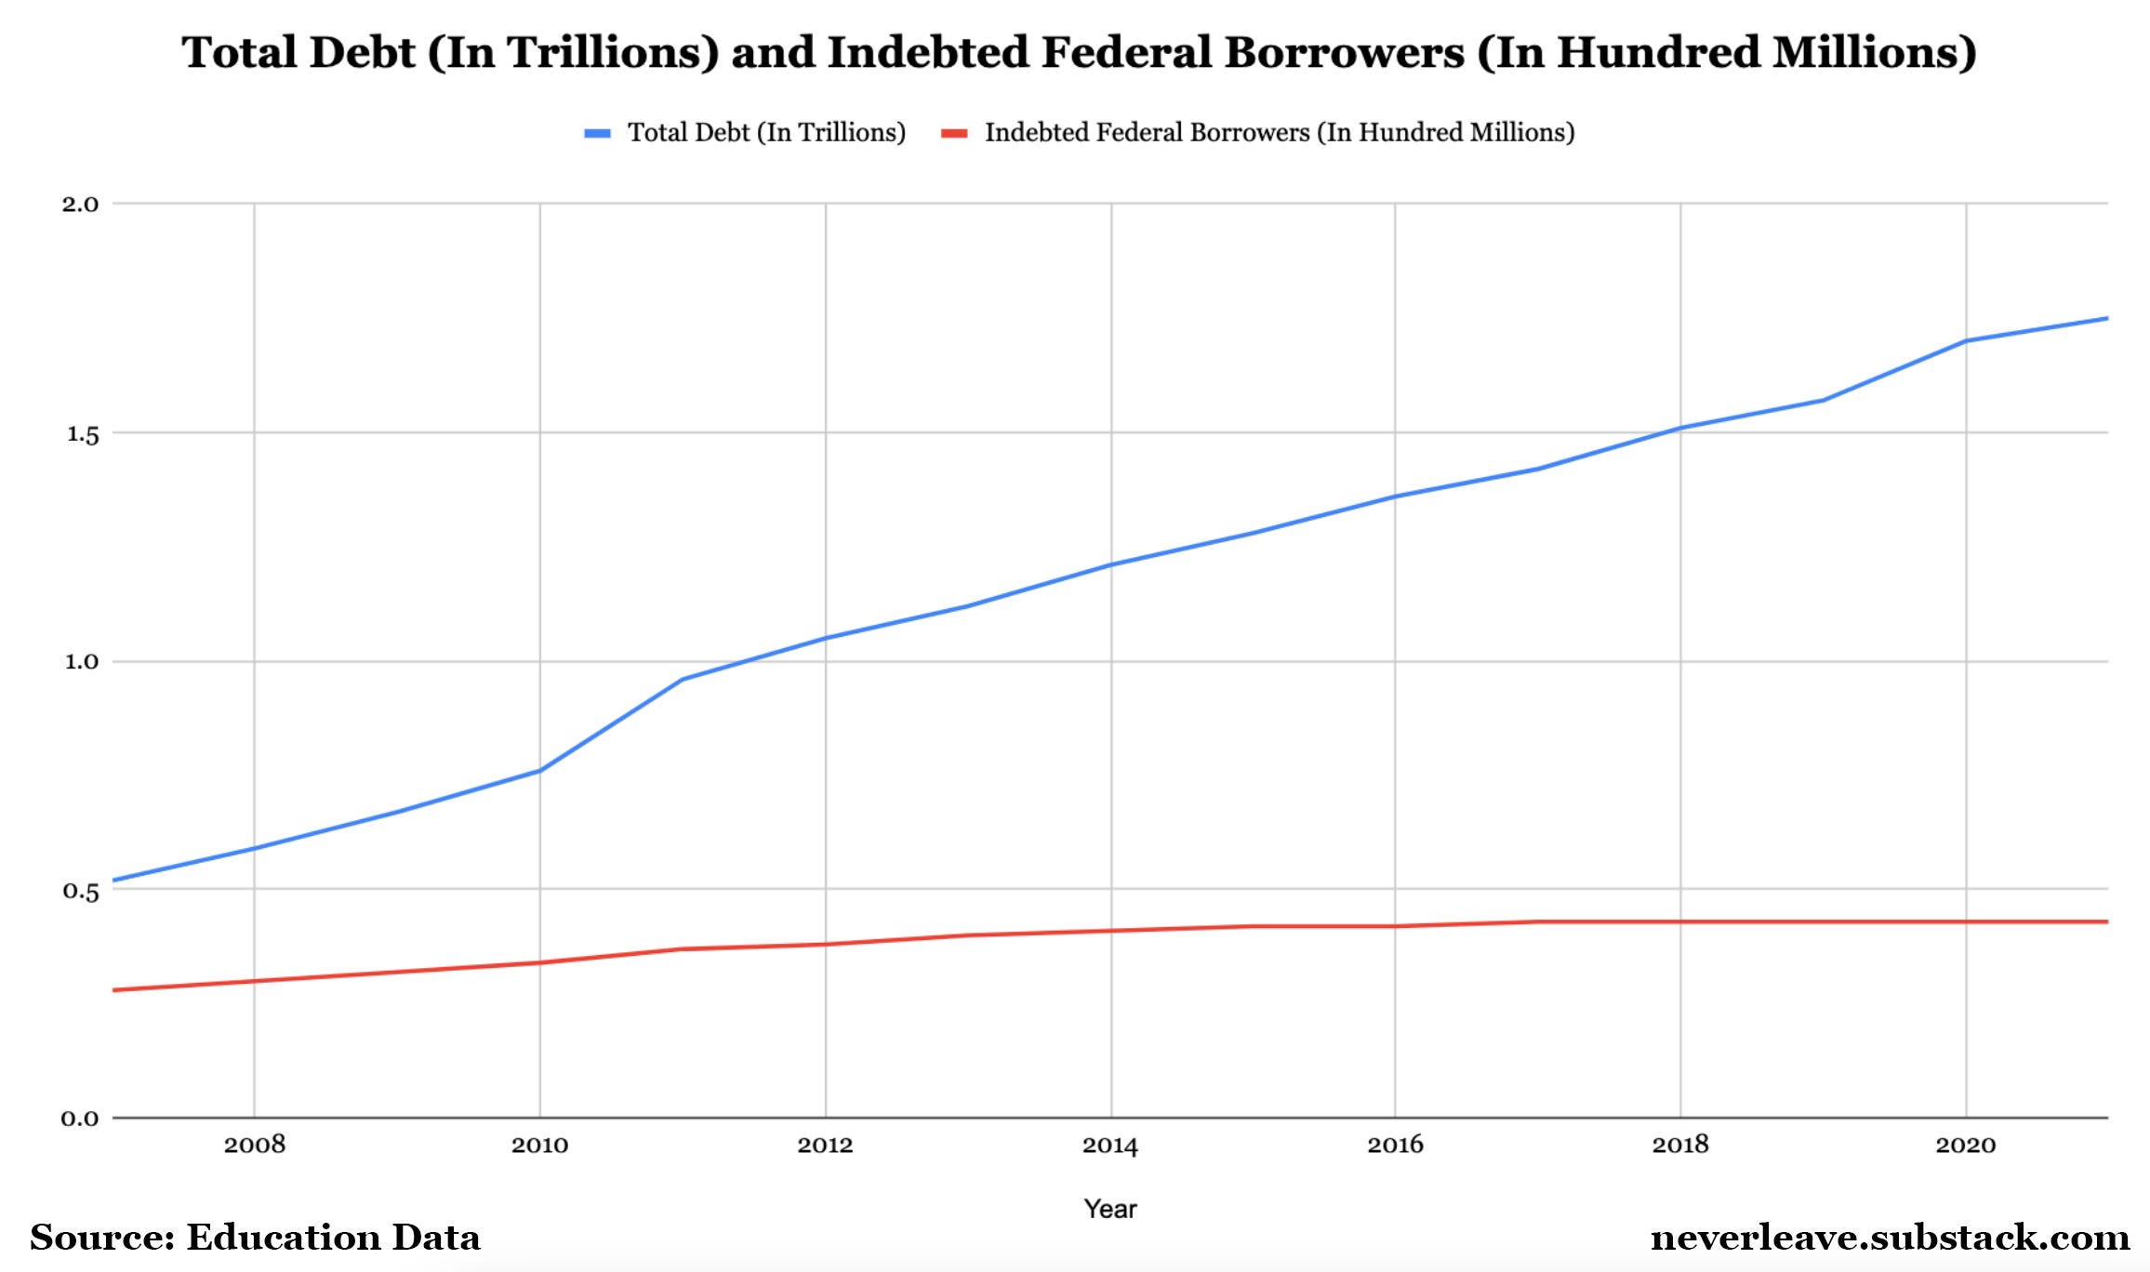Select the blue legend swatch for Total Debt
coord(597,133)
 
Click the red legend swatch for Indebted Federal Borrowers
coord(954,133)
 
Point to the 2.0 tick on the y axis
coord(80,204)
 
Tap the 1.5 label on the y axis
coord(82,433)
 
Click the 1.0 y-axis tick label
coord(81,661)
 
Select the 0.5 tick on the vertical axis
coord(81,891)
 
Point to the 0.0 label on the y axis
coord(80,1119)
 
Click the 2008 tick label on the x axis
coord(254,1145)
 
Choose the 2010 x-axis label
coord(539,1145)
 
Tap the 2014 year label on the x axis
coord(1109,1145)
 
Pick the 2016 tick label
coord(1395,1145)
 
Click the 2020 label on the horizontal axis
coord(1965,1145)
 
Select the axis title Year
coord(1109,1209)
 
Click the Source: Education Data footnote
coord(255,1238)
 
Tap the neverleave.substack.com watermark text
coord(1890,1238)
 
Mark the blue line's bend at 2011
coord(682,679)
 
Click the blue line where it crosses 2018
coord(1680,428)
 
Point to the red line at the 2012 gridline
coord(825,944)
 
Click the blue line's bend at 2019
coord(1823,401)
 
